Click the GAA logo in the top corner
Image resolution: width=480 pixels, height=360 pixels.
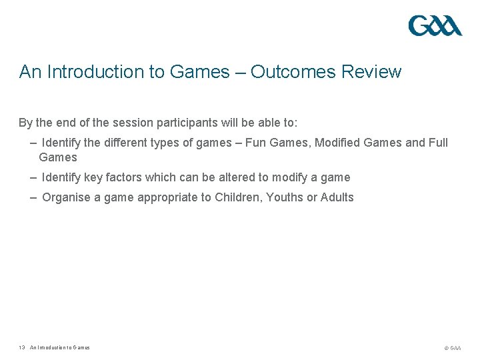coord(435,26)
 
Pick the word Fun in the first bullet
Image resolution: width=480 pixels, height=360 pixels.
coord(257,143)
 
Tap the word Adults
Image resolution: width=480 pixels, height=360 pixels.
coord(337,197)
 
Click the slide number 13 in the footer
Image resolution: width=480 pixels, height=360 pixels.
coord(22,347)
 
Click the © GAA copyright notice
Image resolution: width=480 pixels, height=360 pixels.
coord(453,348)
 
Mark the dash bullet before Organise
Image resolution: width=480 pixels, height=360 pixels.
coord(33,197)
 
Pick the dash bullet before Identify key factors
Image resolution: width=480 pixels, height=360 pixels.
coord(33,177)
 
